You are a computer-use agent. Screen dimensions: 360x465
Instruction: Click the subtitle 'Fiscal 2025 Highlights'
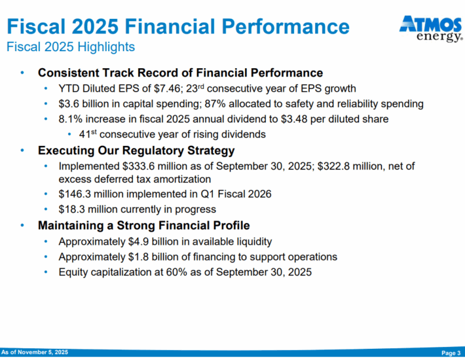[71, 47]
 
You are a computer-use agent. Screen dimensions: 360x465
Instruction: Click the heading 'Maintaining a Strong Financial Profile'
[143, 226]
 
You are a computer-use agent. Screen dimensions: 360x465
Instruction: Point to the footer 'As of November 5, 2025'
[34, 353]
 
